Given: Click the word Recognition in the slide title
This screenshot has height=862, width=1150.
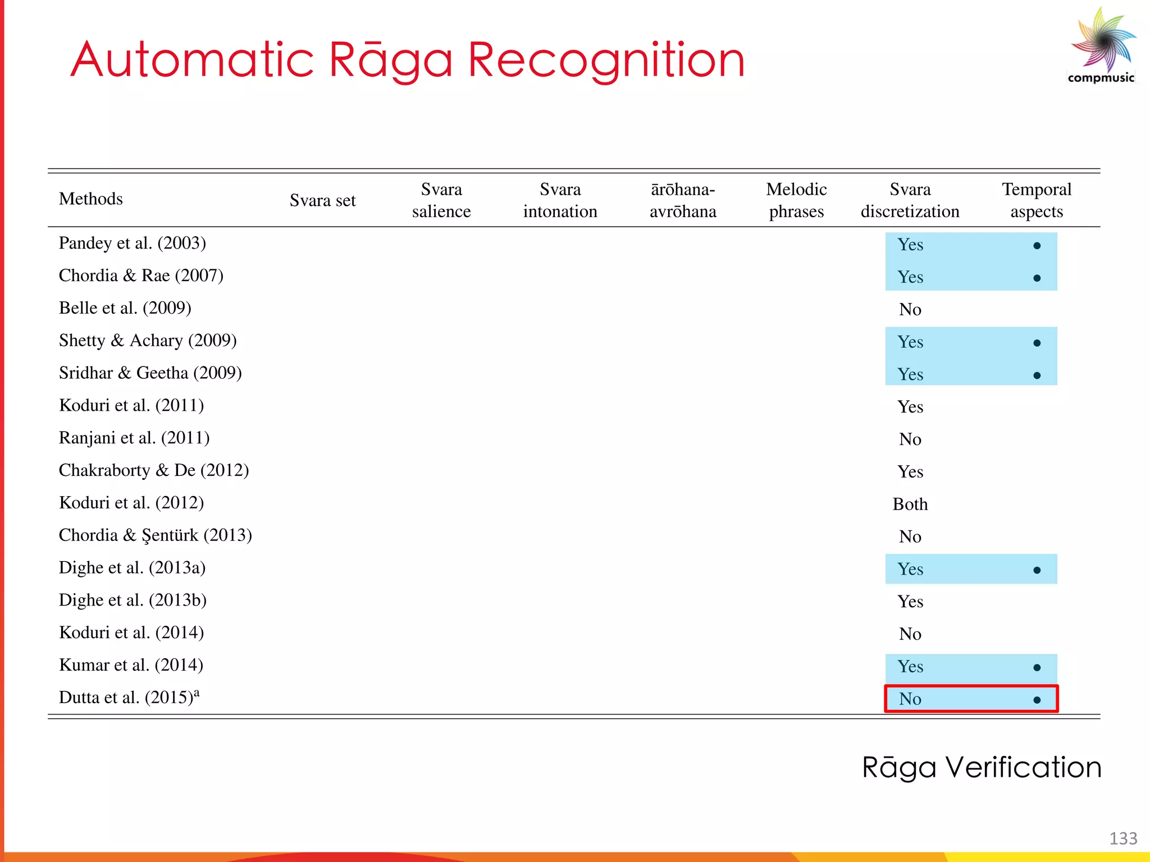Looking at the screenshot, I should pyautogui.click(x=606, y=61).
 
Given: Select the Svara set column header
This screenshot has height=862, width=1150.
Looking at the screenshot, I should pyautogui.click(x=322, y=200).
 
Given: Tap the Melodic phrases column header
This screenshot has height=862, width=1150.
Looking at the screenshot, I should pyautogui.click(x=796, y=200).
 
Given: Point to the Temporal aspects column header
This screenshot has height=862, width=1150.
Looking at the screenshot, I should pyautogui.click(x=1037, y=200).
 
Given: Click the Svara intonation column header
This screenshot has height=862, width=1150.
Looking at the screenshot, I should pyautogui.click(x=560, y=200).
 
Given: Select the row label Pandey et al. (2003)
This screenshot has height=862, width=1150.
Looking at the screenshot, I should pyautogui.click(x=133, y=243).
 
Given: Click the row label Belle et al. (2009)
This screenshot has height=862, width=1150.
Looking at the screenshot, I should pyautogui.click(x=125, y=308).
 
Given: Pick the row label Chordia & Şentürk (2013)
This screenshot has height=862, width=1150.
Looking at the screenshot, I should pyautogui.click(x=155, y=535).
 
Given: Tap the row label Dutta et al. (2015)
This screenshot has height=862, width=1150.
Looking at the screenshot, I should pyautogui.click(x=129, y=698).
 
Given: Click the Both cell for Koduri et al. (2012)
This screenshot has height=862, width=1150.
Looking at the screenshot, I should pyautogui.click(x=910, y=505).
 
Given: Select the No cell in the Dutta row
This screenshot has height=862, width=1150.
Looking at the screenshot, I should pyautogui.click(x=910, y=699).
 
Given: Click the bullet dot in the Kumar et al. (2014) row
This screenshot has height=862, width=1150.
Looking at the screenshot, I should pyautogui.click(x=1037, y=668).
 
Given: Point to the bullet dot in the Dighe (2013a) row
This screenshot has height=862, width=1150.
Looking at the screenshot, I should pyautogui.click(x=1037, y=570).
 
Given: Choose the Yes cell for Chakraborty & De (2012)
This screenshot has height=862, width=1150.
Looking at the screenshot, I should pyautogui.click(x=910, y=472).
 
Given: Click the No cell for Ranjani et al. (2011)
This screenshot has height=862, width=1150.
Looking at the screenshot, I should pyautogui.click(x=910, y=439).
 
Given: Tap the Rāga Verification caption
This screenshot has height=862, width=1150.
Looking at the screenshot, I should pyautogui.click(x=982, y=768).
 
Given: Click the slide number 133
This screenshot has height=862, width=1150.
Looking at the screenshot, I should pyautogui.click(x=1123, y=838).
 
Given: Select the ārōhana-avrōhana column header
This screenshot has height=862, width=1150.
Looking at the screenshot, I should pyautogui.click(x=683, y=200).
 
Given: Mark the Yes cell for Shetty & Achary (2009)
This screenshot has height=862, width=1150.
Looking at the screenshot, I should pyautogui.click(x=910, y=342).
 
